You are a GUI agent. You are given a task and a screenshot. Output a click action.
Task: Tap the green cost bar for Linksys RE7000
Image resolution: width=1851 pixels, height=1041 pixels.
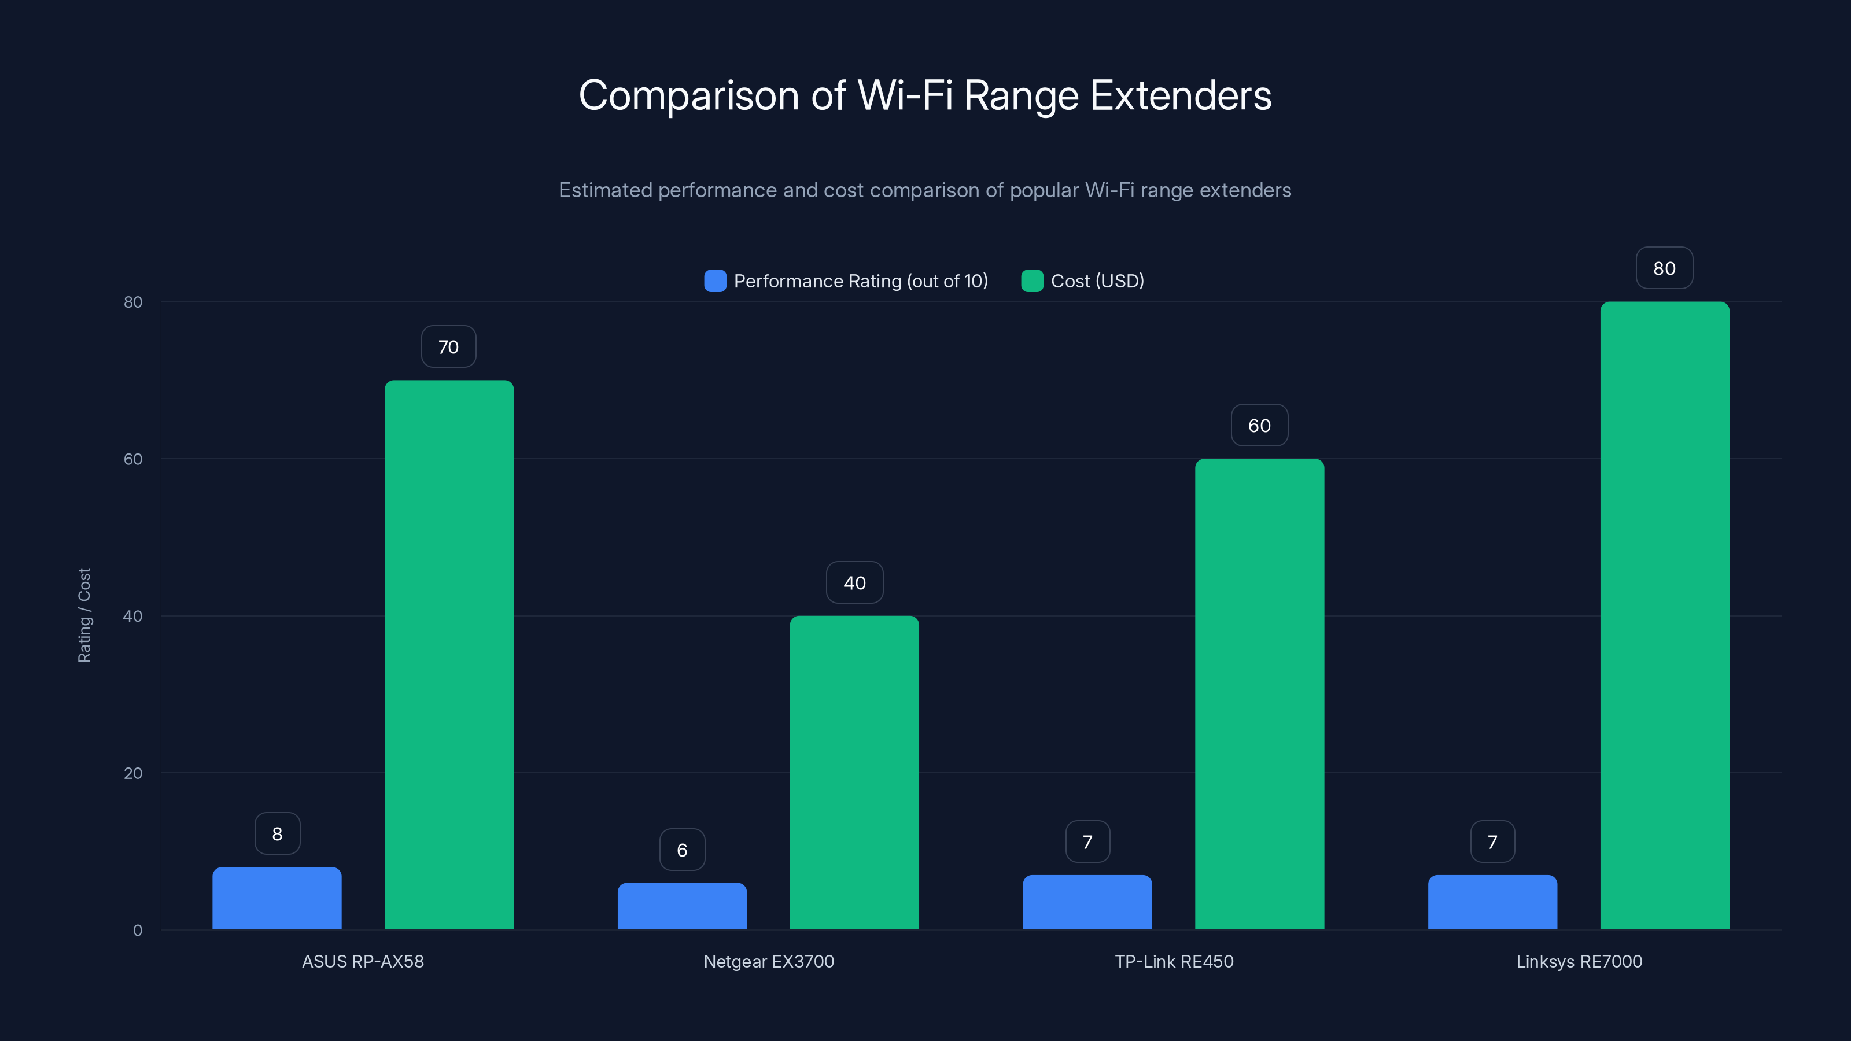(x=1664, y=616)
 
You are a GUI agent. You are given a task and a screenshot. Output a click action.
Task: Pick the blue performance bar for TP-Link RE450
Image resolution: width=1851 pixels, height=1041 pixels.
(x=1087, y=902)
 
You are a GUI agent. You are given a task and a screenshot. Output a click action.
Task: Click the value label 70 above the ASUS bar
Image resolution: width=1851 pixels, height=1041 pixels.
(x=448, y=347)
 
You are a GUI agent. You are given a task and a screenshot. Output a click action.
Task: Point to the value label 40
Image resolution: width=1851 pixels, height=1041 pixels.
(x=854, y=582)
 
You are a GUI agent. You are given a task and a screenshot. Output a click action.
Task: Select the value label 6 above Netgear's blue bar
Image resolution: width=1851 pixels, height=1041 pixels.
(x=682, y=850)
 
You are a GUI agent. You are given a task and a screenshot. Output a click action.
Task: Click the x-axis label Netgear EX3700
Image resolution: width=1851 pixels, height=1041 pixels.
(x=769, y=961)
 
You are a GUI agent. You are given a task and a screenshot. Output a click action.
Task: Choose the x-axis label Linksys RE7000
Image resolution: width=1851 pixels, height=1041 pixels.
(x=1579, y=961)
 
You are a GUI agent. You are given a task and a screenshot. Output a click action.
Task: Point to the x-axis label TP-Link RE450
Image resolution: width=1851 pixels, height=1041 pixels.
(x=1174, y=961)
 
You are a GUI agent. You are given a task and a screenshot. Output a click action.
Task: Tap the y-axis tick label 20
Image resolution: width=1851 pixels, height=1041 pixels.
(x=133, y=773)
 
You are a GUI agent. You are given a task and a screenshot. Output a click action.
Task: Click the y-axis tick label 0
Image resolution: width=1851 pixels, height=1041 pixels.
(x=137, y=931)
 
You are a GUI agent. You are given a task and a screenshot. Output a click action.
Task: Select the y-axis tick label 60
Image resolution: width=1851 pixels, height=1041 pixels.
(x=133, y=459)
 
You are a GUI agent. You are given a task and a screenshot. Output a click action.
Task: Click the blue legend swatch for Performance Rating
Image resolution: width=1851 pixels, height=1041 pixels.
(x=715, y=281)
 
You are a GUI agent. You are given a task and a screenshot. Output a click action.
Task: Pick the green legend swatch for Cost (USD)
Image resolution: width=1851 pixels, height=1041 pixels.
(x=1032, y=281)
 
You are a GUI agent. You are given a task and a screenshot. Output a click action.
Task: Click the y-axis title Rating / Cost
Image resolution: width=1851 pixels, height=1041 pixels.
(x=84, y=616)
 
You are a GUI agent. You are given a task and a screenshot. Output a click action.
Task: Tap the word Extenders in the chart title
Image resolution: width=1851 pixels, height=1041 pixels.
(x=1181, y=95)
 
